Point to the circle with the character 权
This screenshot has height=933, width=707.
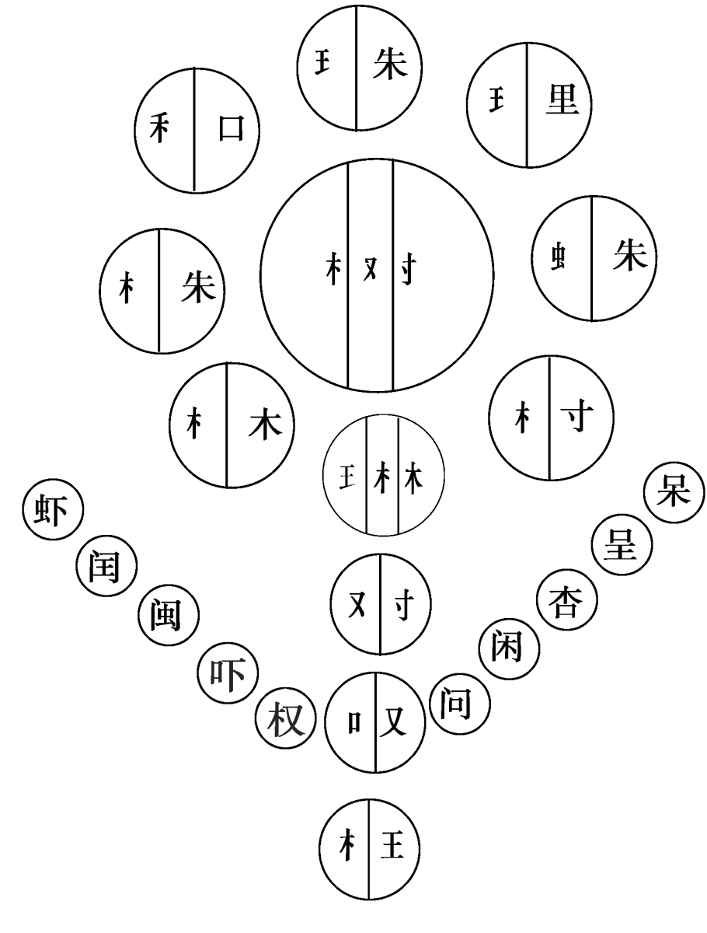click(x=284, y=718)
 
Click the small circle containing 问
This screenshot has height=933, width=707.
click(x=459, y=704)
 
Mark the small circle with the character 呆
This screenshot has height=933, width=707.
click(x=674, y=494)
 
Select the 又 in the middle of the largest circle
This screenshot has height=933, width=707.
click(x=371, y=273)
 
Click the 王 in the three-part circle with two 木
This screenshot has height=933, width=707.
click(x=346, y=474)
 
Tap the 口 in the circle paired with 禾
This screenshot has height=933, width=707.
click(x=229, y=128)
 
